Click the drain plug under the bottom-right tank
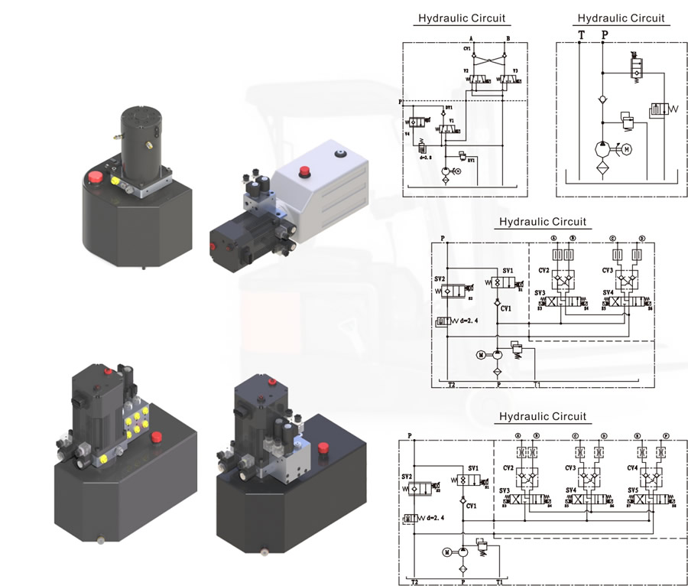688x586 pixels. click(264, 549)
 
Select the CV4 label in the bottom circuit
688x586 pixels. click(632, 467)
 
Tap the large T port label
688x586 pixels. click(581, 35)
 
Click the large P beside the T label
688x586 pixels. click(605, 35)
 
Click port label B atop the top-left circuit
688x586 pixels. click(508, 37)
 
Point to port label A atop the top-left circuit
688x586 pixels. click(472, 37)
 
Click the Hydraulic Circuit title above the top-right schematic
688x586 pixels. click(621, 18)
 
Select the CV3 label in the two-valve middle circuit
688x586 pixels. click(608, 270)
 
